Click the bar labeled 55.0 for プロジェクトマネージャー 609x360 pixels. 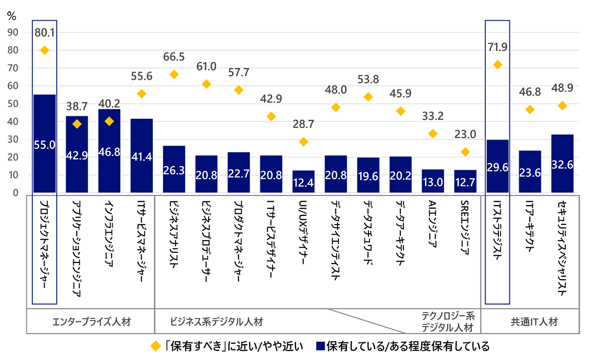point(44,144)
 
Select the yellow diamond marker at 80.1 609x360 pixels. point(44,50)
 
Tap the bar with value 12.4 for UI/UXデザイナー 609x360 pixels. point(303,181)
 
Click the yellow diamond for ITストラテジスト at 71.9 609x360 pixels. point(498,64)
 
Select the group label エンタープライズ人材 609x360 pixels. point(90,321)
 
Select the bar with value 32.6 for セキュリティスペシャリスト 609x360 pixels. point(562,163)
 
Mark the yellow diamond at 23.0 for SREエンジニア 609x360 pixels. point(465,152)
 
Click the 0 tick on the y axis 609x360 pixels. point(16,193)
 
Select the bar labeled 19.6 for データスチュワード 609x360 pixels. point(368,175)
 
